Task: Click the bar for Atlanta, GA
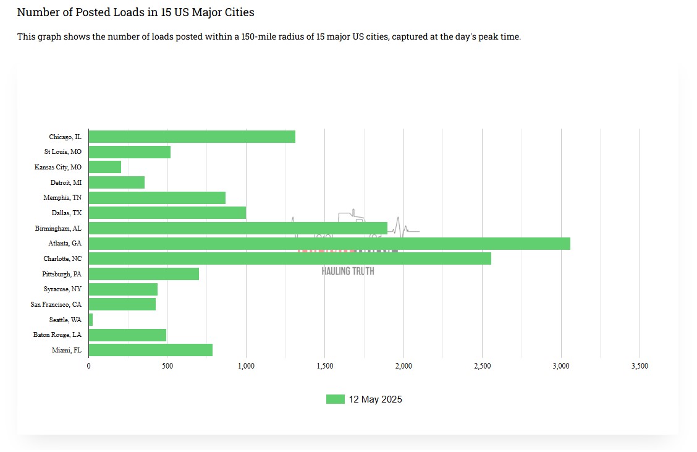click(x=329, y=244)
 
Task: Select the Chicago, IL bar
click(x=192, y=137)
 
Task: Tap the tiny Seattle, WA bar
click(x=91, y=320)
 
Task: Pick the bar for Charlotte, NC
click(x=290, y=258)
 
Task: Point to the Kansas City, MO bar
click(x=105, y=167)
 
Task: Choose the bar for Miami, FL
click(x=151, y=350)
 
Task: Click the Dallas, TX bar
click(x=167, y=213)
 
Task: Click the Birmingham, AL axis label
click(x=58, y=228)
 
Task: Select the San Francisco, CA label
click(x=56, y=304)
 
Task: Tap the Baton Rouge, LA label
click(x=57, y=335)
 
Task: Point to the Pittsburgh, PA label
click(x=62, y=274)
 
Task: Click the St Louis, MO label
click(x=62, y=151)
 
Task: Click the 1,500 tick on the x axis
click(x=324, y=366)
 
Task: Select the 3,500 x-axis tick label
click(x=640, y=366)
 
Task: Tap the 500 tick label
click(x=167, y=366)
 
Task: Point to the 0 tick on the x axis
click(x=89, y=366)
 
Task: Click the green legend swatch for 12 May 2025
click(x=335, y=399)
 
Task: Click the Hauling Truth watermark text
click(x=347, y=271)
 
